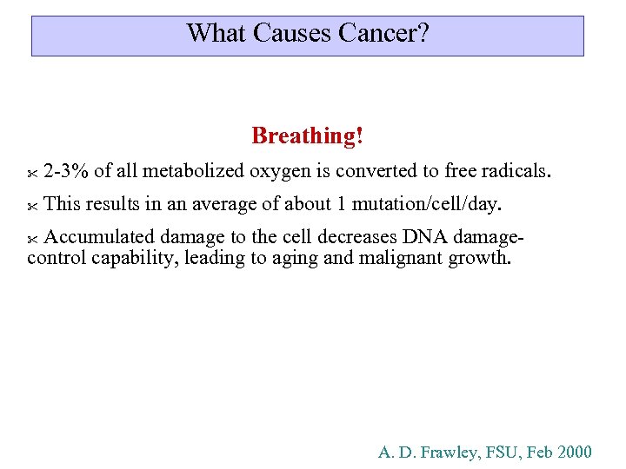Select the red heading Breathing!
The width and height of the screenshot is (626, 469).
307,136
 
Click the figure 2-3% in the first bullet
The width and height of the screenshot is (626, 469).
66,170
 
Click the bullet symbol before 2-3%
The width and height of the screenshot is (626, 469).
32,173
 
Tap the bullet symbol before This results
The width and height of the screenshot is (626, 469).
32,207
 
